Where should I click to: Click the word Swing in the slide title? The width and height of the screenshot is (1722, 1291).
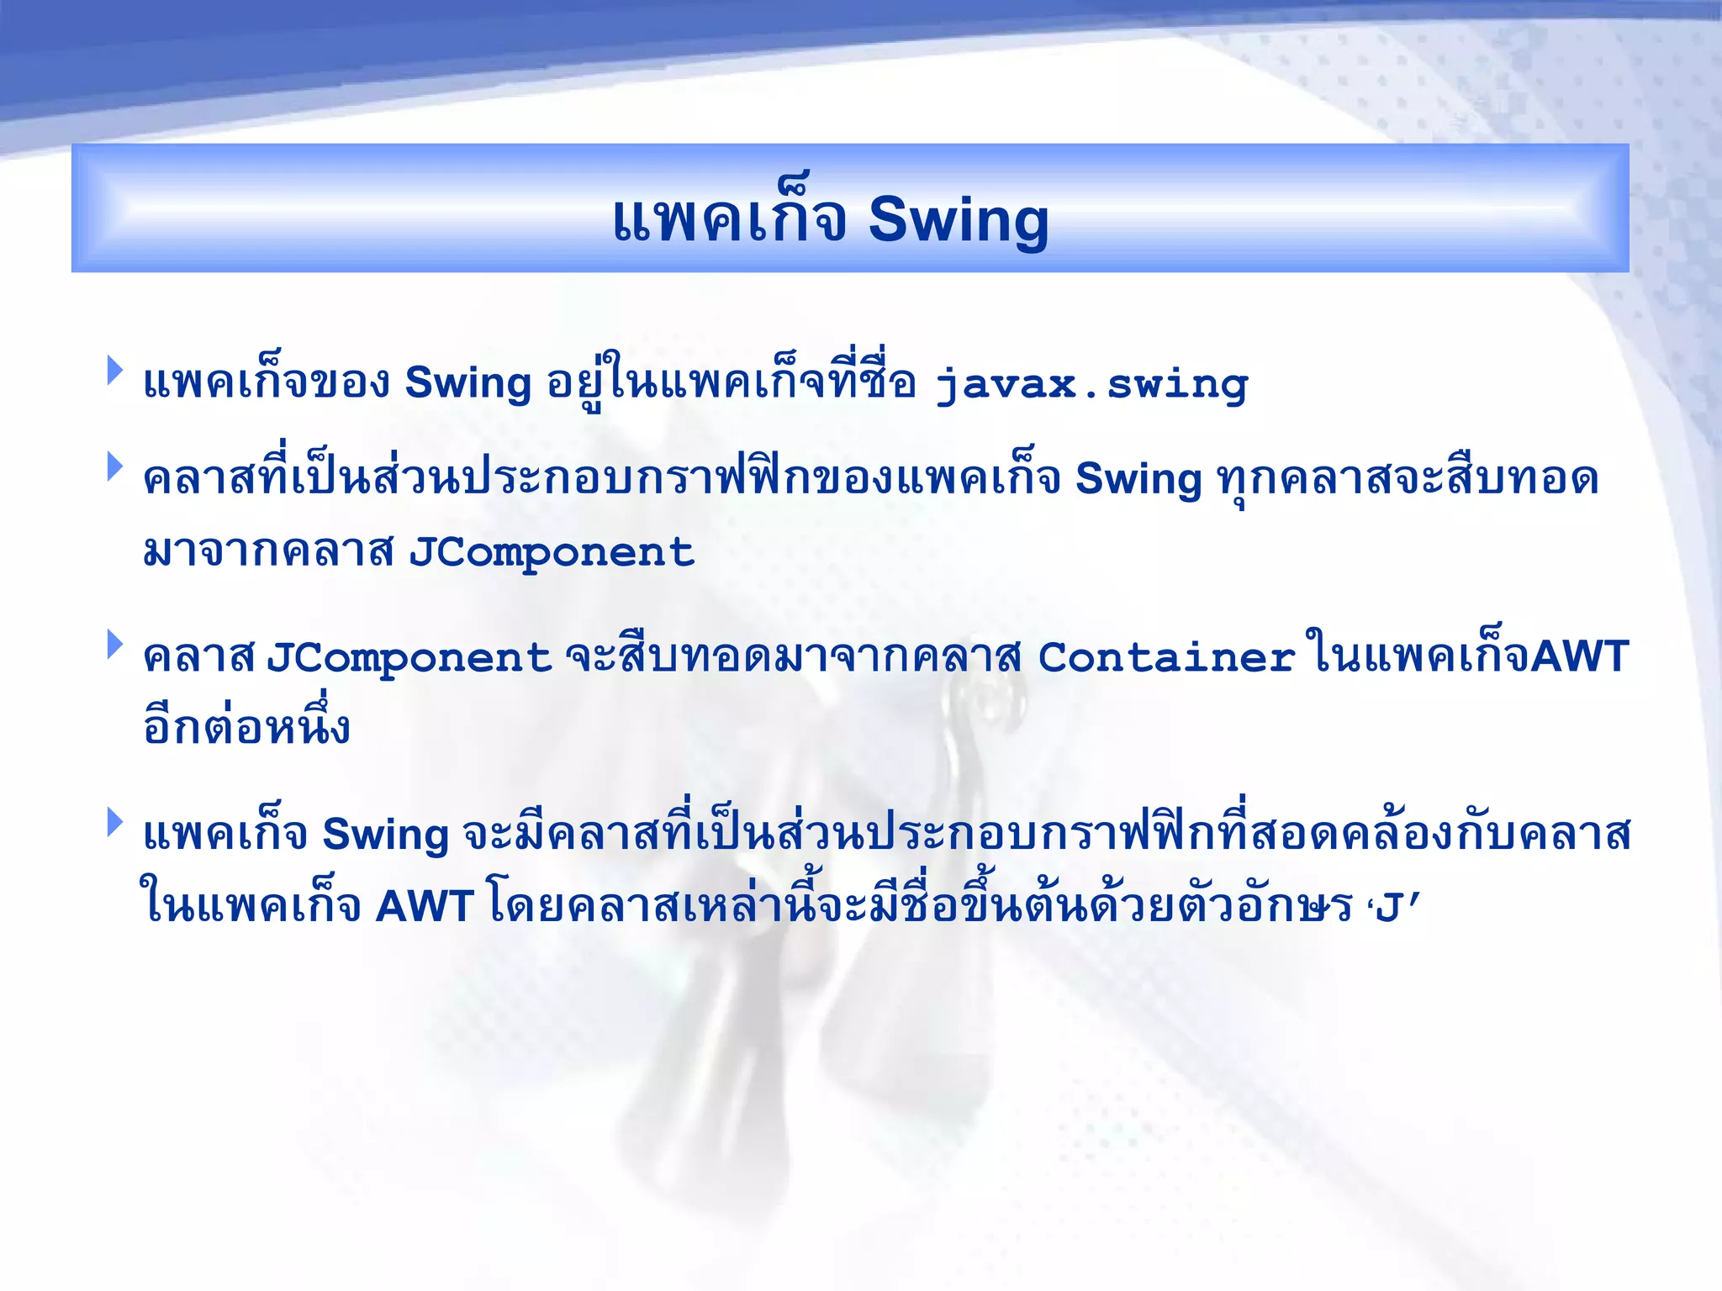coord(958,220)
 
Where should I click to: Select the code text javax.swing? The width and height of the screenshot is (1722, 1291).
coord(1092,385)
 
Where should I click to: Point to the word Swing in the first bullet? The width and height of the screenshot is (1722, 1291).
coord(467,383)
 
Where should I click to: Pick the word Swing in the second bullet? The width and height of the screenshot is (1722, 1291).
coord(1138,479)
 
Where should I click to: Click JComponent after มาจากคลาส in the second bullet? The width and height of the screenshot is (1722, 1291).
coord(552,553)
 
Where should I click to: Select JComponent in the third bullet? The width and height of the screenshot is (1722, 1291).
coord(409,658)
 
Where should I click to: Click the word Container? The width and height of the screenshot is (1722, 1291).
coord(1166,658)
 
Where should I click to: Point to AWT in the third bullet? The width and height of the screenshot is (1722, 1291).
coord(1580,656)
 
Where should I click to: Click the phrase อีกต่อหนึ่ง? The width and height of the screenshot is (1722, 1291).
coord(246,728)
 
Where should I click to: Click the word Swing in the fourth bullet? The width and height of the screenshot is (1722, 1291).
coord(385,835)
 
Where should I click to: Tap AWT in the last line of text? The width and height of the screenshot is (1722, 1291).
coord(425,907)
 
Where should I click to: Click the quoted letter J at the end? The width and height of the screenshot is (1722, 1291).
coord(1391,909)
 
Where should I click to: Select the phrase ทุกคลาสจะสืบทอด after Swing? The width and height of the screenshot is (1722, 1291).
coord(1408,479)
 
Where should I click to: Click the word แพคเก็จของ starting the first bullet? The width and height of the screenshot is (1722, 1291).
coord(267,383)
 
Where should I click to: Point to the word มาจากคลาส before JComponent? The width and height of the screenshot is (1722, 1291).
coord(268,553)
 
